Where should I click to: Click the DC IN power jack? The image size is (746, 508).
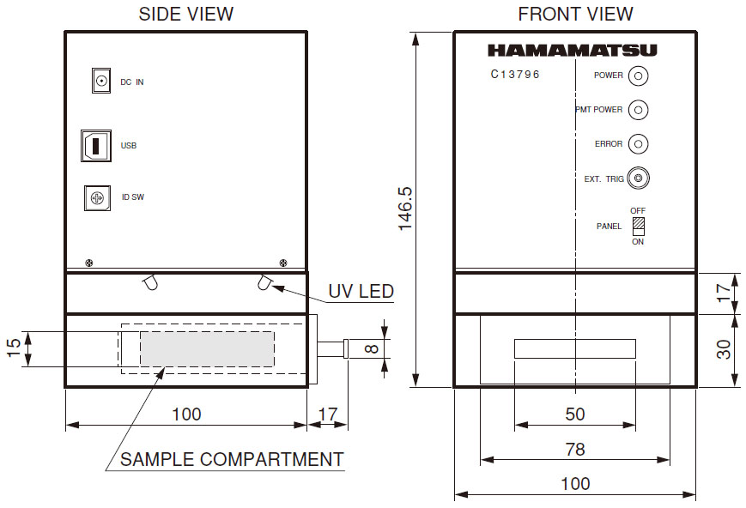click(100, 81)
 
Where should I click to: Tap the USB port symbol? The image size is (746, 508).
click(96, 146)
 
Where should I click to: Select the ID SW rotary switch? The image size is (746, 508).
click(98, 198)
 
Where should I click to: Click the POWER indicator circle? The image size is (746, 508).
click(639, 76)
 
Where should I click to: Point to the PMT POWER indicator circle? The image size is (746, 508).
click(639, 110)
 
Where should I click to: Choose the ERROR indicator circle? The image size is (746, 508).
click(639, 143)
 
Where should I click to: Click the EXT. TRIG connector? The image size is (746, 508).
click(639, 178)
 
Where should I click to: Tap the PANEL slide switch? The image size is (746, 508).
click(639, 227)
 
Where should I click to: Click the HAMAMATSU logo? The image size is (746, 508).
click(573, 51)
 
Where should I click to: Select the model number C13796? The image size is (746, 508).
click(515, 74)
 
